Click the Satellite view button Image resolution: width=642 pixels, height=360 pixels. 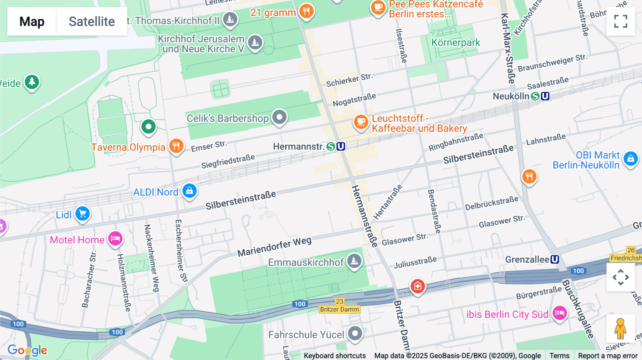click(92, 21)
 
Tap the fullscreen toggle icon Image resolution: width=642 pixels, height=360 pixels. click(621, 21)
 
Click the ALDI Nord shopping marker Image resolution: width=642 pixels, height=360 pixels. click(189, 191)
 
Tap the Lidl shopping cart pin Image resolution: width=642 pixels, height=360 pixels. click(83, 214)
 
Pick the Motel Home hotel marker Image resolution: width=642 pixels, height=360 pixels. click(115, 238)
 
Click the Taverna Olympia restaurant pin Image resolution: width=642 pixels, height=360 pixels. click(176, 146)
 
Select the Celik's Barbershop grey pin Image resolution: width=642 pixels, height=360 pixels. click(279, 117)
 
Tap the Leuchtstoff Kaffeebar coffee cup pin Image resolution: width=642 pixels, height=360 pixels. click(361, 122)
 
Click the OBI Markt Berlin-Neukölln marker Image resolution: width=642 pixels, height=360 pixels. click(630, 159)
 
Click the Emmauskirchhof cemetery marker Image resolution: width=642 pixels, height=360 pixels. click(354, 261)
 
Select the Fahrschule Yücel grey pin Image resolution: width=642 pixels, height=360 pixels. click(355, 334)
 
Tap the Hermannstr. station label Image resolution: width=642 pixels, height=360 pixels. click(298, 146)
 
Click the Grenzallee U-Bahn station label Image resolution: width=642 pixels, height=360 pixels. click(527, 259)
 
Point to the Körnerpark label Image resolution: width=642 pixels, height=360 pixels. click(455, 43)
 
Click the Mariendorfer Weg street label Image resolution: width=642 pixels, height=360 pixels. click(274, 247)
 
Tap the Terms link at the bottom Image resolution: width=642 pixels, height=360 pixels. click(559, 355)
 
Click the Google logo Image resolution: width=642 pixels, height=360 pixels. click(27, 350)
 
